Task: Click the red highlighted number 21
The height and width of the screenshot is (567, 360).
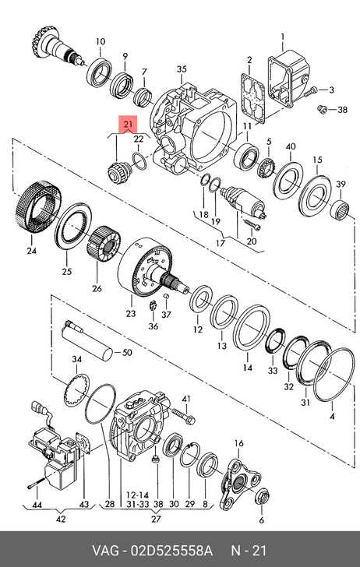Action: (128, 125)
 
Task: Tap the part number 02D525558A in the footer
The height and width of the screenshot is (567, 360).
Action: (171, 551)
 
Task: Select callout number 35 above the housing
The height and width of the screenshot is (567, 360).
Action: (182, 69)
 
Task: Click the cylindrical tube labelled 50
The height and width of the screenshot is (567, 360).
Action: (86, 343)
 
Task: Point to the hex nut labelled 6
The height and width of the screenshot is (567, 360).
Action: (262, 498)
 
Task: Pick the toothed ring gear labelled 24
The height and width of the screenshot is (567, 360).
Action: (39, 207)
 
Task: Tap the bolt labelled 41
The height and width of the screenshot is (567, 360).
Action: (184, 416)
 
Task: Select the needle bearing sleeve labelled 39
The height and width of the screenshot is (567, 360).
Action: (341, 209)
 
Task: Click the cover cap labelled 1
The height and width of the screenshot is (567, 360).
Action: (289, 77)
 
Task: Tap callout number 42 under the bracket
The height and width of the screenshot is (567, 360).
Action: (61, 519)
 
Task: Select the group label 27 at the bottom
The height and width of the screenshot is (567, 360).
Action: (156, 519)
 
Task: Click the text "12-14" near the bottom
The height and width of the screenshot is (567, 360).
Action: (137, 495)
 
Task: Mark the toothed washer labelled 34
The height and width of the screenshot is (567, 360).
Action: (76, 390)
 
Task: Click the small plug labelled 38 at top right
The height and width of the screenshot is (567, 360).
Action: (321, 108)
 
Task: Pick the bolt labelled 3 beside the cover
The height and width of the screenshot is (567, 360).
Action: (310, 91)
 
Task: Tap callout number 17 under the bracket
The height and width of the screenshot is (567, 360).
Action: (221, 242)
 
